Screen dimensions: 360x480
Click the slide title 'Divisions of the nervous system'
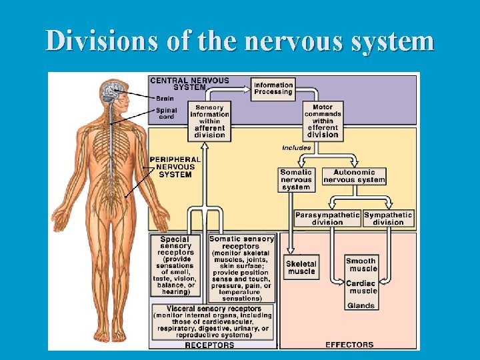[240, 41]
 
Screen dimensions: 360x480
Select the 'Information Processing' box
[273, 89]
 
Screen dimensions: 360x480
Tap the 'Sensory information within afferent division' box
[210, 121]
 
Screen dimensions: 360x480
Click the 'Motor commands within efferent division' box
[323, 121]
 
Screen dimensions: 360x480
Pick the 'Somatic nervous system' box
[296, 180]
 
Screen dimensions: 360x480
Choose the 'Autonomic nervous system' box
[354, 176]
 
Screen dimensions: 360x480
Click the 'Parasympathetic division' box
[327, 218]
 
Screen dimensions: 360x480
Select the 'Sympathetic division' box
[388, 218]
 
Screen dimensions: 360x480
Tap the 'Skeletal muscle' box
[301, 267]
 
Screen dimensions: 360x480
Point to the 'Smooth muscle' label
[361, 265]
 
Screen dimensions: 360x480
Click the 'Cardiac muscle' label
[361, 287]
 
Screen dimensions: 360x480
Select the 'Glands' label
[361, 306]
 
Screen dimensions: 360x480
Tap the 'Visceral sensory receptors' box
[212, 322]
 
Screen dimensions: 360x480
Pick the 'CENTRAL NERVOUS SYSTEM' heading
[189, 83]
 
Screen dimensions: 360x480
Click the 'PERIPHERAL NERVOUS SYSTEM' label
[175, 167]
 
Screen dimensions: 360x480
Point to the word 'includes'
[296, 147]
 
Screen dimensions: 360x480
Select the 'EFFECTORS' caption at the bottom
[349, 345]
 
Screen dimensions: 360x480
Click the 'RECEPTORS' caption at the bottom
[209, 345]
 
